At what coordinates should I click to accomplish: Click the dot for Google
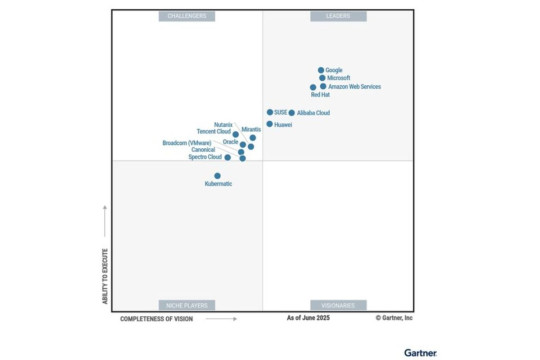click(320, 70)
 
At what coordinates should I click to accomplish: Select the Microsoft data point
click(322, 78)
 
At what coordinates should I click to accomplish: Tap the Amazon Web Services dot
click(323, 86)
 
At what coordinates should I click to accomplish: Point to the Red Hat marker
click(313, 87)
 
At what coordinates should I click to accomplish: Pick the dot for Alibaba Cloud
click(292, 113)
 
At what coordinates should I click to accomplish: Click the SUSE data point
click(270, 112)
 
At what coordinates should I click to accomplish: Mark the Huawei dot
click(269, 124)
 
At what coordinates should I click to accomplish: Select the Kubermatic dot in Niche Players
click(217, 176)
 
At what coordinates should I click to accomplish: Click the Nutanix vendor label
click(223, 125)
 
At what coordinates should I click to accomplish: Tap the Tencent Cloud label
click(214, 132)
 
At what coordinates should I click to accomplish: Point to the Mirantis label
click(251, 129)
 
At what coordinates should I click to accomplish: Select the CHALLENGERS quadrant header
click(187, 17)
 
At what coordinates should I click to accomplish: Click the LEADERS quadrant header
click(338, 17)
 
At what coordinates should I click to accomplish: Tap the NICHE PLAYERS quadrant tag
click(187, 304)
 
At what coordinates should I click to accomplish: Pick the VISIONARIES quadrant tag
click(338, 304)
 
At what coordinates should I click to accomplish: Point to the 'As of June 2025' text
click(308, 319)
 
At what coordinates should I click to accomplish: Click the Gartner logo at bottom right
click(420, 352)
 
